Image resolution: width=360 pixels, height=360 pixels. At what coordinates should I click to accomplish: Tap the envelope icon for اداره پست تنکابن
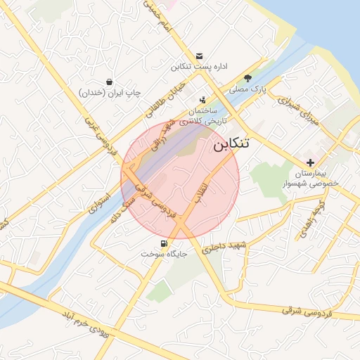[199, 56]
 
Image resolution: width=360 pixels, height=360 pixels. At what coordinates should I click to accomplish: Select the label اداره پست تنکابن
[200, 67]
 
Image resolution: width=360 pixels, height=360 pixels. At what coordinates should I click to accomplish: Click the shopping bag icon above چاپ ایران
[109, 82]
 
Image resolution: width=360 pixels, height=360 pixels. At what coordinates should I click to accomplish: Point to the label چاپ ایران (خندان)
[110, 93]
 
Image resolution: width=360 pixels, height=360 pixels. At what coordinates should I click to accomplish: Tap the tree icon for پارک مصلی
[247, 78]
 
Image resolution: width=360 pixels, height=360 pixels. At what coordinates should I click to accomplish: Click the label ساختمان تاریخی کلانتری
[200, 116]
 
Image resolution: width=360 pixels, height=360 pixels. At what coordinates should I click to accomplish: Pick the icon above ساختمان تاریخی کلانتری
[202, 100]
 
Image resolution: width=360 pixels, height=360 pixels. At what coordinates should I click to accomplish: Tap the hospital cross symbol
[310, 162]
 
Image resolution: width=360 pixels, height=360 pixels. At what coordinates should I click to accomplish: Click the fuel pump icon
[164, 243]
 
